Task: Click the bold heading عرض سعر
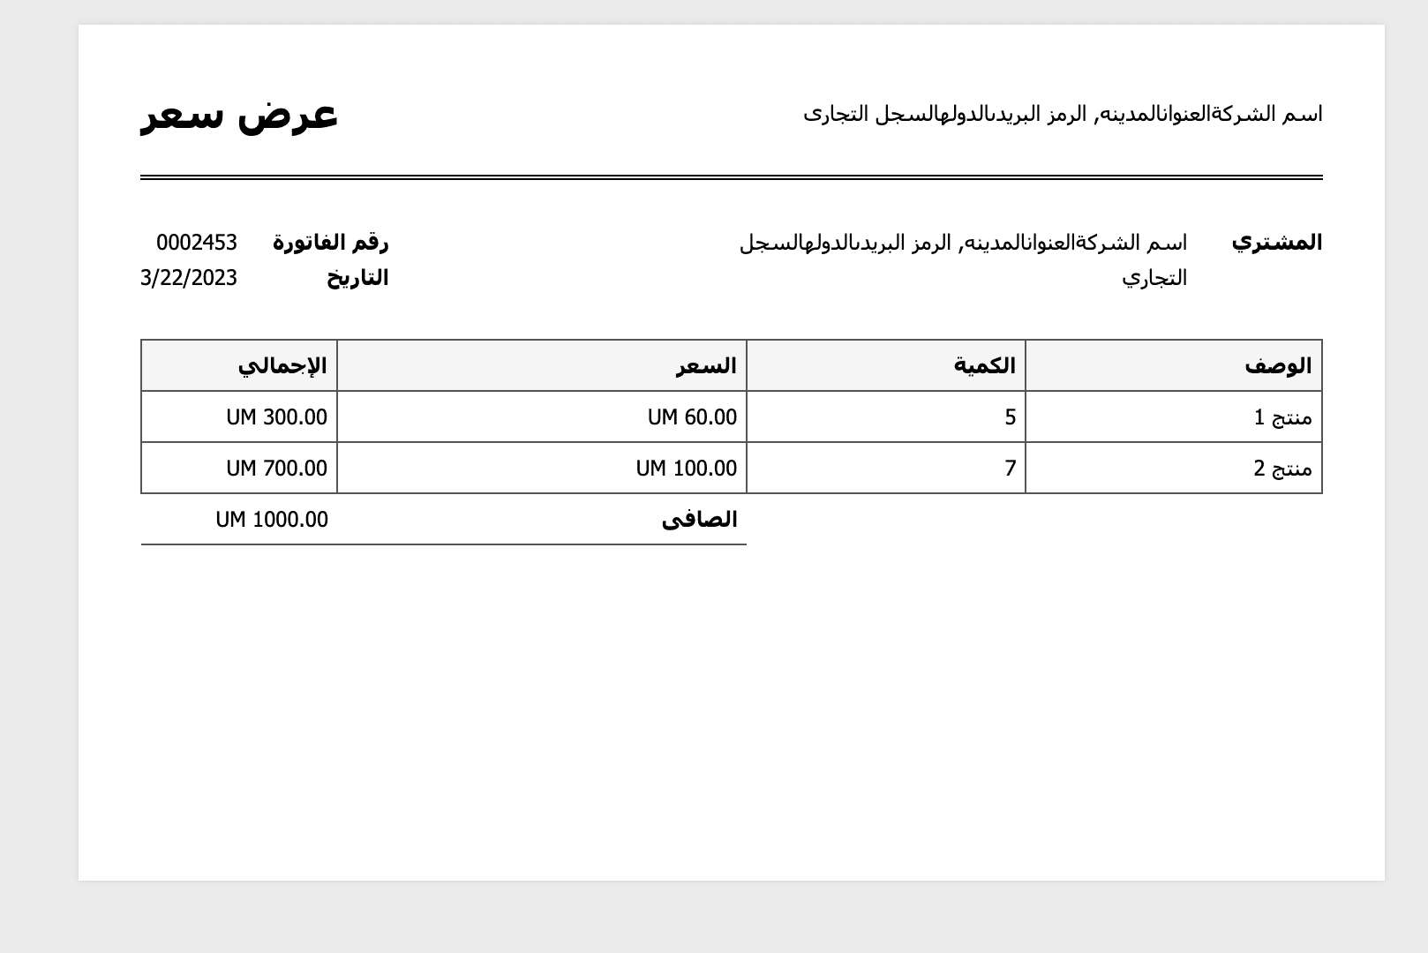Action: coord(239,115)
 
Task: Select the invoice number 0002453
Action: coord(197,243)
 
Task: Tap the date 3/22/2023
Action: coord(189,278)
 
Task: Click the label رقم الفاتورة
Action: coord(330,243)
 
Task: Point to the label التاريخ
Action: coord(357,278)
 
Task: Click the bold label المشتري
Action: coord(1276,243)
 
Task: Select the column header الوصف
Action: coord(1278,366)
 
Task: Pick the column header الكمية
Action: coord(984,366)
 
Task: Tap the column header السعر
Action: coord(706,366)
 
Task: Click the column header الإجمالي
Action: coord(282,366)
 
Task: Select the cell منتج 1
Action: coord(1282,417)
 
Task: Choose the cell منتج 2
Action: coord(1282,469)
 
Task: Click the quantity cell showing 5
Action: coord(1010,417)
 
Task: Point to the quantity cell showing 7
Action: coord(1010,469)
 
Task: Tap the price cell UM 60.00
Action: coord(692,417)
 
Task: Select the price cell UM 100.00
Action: coord(687,469)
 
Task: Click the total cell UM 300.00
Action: coord(276,417)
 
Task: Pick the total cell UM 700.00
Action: coord(276,469)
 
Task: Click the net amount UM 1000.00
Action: coord(272,520)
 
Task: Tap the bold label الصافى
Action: coord(699,520)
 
